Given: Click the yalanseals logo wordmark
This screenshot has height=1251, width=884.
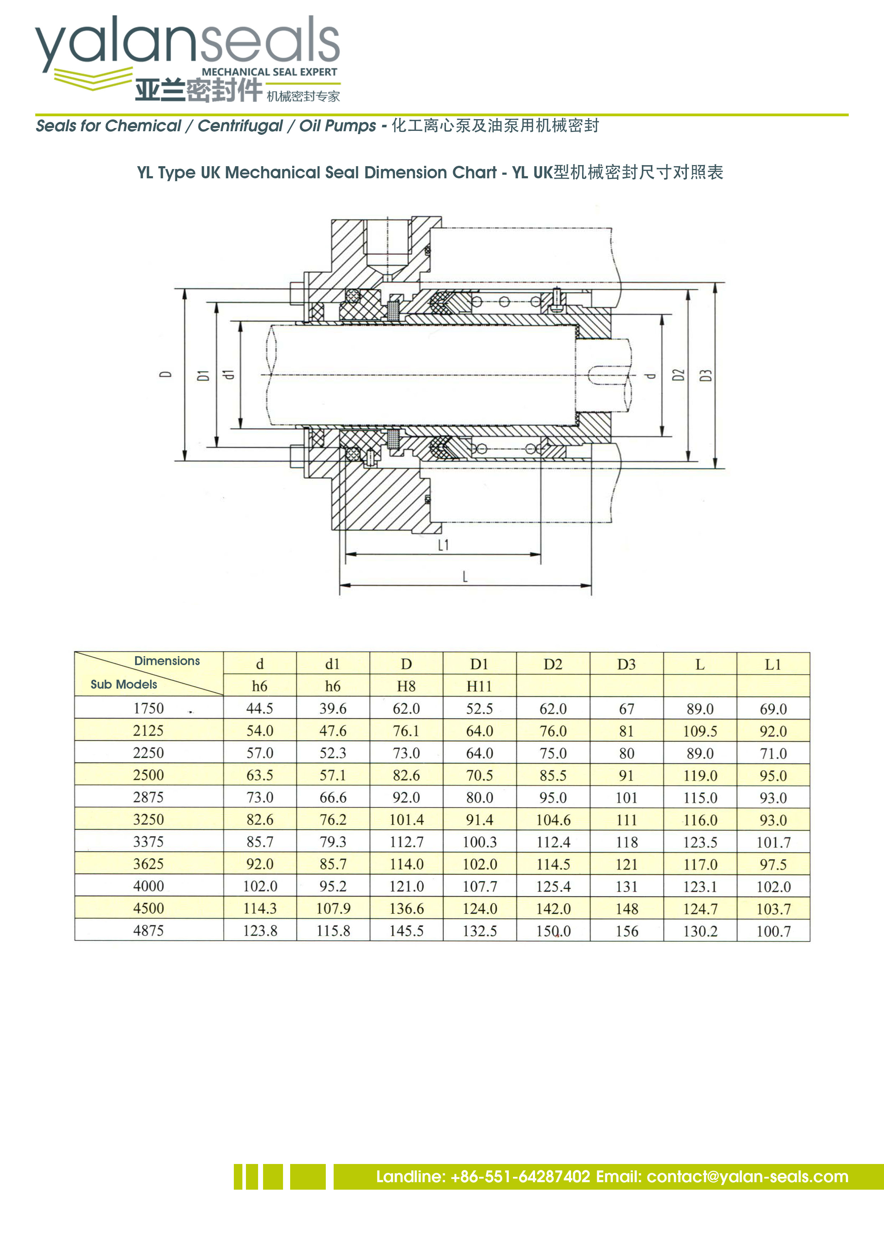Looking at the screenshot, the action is coord(188,41).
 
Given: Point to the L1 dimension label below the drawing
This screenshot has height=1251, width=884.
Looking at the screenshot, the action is coord(443,544).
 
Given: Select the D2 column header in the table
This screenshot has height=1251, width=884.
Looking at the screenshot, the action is coord(553,664).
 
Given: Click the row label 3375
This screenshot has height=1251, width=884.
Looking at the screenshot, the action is coord(148,842).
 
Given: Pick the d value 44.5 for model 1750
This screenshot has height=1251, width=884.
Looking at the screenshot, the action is coord(260,708).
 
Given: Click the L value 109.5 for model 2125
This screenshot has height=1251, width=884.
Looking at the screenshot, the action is coord(700,731).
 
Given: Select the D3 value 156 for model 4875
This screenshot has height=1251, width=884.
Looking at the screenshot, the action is coord(627,931).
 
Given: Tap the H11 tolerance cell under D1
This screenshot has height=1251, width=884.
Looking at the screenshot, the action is coord(479,686).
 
